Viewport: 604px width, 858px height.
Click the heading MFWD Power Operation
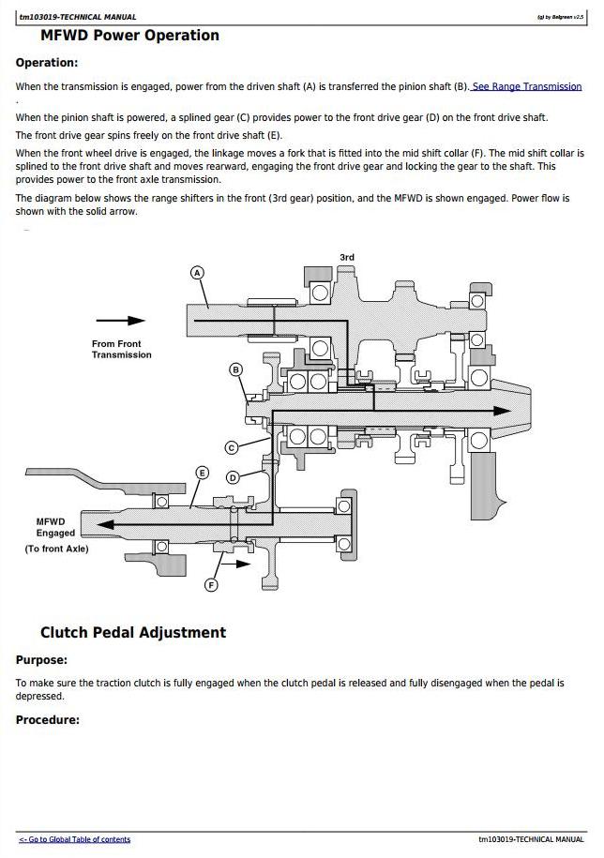(x=129, y=36)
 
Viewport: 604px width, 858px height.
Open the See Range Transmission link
(x=526, y=86)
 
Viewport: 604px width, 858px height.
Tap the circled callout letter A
(x=197, y=273)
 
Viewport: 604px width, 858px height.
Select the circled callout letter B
(x=235, y=369)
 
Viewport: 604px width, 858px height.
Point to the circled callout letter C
(x=231, y=447)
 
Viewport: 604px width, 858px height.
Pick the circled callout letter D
(x=233, y=477)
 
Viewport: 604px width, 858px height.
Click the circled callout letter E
(x=201, y=473)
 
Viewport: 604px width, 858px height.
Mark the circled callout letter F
(x=211, y=585)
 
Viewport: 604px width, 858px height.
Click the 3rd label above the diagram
(x=347, y=257)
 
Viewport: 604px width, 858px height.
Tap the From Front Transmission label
(x=121, y=349)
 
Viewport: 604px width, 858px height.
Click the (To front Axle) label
(x=56, y=549)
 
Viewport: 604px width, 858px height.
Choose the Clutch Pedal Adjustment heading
(x=132, y=632)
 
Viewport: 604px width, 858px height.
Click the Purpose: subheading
(x=41, y=660)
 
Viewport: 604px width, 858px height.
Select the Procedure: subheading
(x=48, y=720)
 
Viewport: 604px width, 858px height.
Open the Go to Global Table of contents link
(x=75, y=839)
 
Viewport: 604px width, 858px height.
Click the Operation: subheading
(x=47, y=63)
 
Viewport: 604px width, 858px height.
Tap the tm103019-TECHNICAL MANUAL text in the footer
(x=531, y=839)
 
